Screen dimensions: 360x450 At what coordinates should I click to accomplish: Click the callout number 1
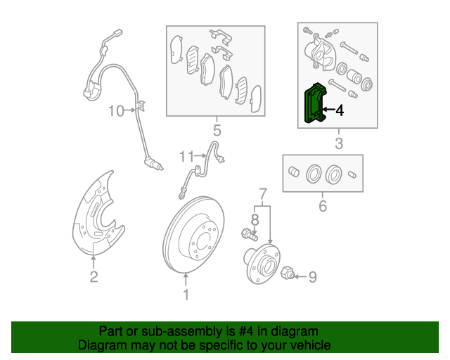186,295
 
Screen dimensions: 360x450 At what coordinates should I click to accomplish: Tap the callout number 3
338,144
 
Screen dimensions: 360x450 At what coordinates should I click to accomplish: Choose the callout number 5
217,130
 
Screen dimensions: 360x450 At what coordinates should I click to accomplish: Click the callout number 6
323,206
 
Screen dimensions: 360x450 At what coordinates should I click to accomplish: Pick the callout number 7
263,193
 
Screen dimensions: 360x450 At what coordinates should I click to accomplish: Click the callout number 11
186,155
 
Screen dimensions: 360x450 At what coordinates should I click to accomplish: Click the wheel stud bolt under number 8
247,234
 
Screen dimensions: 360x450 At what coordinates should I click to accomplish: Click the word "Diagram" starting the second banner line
101,345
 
